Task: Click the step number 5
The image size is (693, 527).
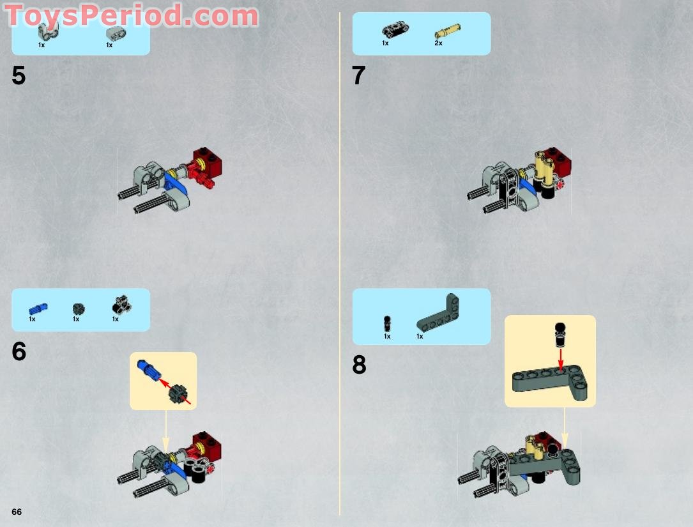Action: pos(19,76)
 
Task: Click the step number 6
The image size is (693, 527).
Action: pos(19,352)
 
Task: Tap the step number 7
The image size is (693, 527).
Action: pos(359,76)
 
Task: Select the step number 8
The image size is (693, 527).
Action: pos(360,365)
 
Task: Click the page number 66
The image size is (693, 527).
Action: pos(17,512)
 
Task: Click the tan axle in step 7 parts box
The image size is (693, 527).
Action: pos(448,30)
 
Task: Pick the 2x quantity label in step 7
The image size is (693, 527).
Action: pos(438,43)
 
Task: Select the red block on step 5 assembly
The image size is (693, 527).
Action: pos(209,164)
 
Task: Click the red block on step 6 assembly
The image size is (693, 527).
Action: pos(209,442)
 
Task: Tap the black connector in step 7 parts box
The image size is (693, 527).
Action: pos(396,30)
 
